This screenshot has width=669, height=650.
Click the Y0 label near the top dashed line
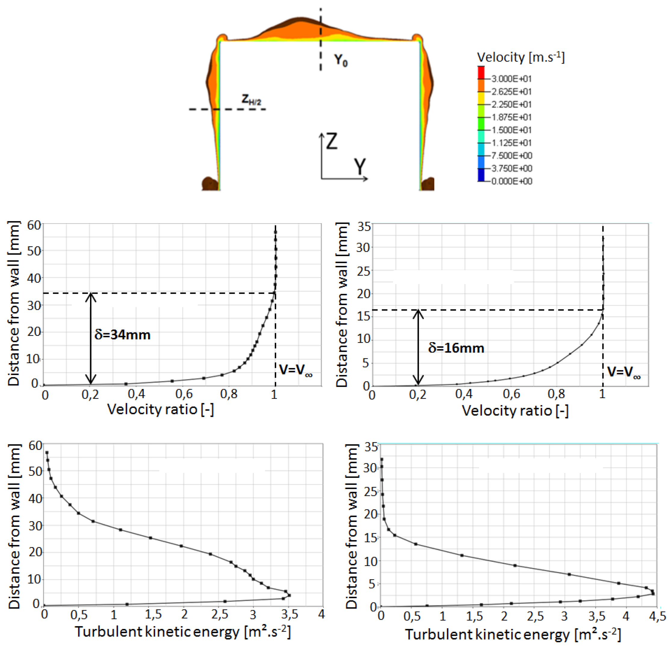340,60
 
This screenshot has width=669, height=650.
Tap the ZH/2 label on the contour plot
251,100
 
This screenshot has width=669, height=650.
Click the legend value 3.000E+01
511,79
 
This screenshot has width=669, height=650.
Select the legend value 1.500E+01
511,130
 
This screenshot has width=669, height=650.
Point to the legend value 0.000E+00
511,181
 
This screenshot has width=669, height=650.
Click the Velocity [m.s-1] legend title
521,57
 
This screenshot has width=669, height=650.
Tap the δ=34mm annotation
122,335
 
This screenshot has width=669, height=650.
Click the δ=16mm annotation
456,348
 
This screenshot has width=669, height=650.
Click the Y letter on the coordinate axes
360,167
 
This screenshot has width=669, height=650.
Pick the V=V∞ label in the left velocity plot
295,370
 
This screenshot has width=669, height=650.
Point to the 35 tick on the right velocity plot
364,226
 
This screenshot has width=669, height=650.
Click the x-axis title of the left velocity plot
160,409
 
